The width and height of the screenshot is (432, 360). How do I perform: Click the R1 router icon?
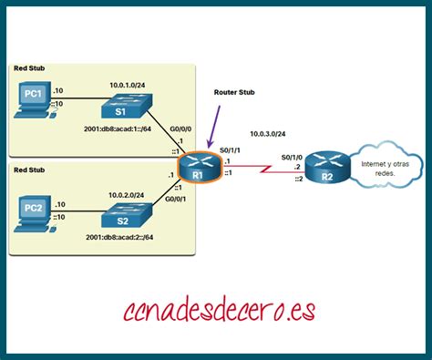[x=195, y=167]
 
